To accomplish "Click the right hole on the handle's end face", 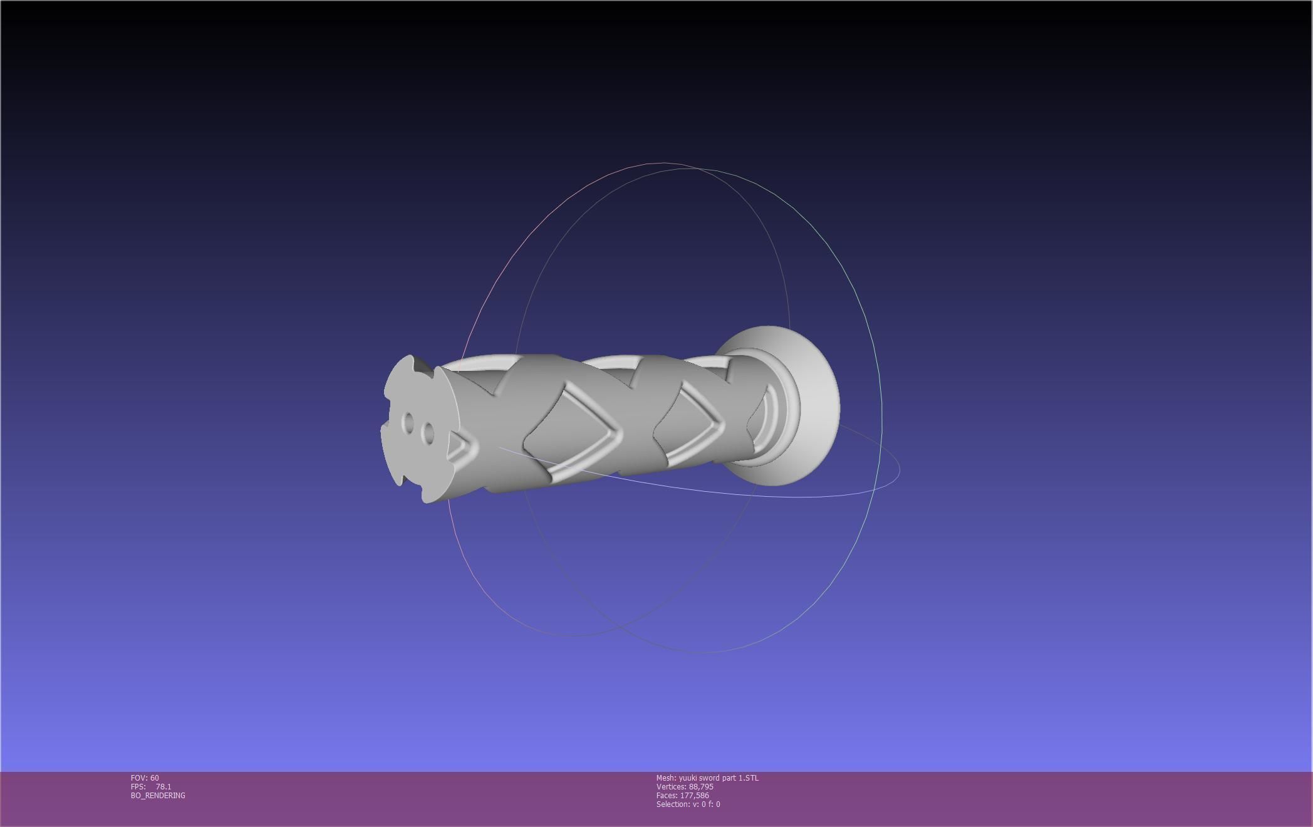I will pyautogui.click(x=428, y=432).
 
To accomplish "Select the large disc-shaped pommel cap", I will pyautogui.click(x=808, y=407).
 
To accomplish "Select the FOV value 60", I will pyautogui.click(x=155, y=778).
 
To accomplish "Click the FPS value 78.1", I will pyautogui.click(x=163, y=787).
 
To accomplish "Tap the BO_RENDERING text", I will pyautogui.click(x=158, y=796).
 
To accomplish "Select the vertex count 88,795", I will pyautogui.click(x=701, y=787).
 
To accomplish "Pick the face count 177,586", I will pyautogui.click(x=694, y=796).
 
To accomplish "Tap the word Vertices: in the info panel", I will pyautogui.click(x=672, y=787).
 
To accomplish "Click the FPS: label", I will pyautogui.click(x=138, y=787).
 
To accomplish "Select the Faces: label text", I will pyautogui.click(x=667, y=796).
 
